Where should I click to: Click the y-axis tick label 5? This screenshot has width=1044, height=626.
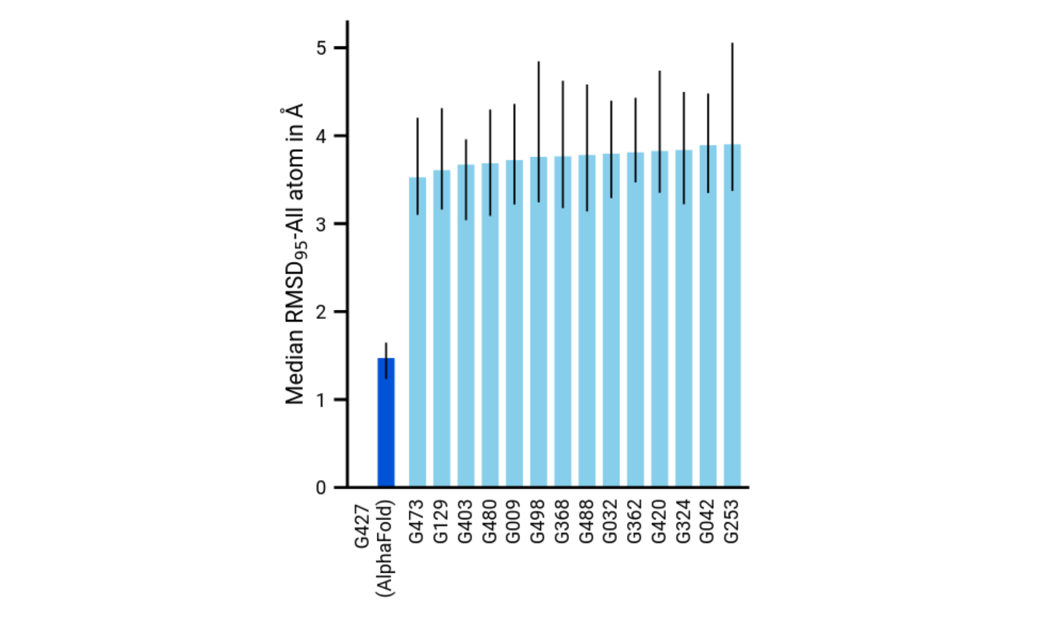[x=321, y=48]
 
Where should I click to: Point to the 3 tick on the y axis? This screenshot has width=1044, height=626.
[x=321, y=224]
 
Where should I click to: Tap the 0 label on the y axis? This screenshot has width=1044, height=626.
[x=321, y=488]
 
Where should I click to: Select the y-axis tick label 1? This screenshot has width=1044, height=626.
[x=321, y=400]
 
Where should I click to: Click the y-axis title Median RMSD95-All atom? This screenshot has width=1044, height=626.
[x=294, y=254]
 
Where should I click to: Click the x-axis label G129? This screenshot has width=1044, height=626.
[x=441, y=521]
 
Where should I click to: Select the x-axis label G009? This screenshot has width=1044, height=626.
[x=514, y=521]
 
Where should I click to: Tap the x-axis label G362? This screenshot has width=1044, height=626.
[x=635, y=521]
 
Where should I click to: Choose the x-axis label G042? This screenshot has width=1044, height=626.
[x=707, y=521]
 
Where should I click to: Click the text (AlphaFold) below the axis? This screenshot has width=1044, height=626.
[x=386, y=548]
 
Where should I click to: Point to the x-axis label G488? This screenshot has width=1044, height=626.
[x=586, y=521]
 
